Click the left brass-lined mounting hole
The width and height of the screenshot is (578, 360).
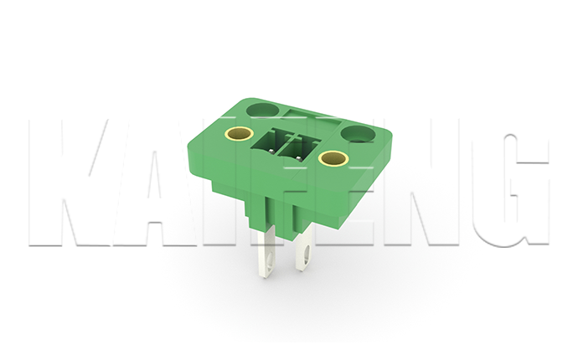point(239,133)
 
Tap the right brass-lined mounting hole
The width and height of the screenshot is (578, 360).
point(333,158)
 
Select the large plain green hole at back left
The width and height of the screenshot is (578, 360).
point(262,111)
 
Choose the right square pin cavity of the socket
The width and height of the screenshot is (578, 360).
point(299,150)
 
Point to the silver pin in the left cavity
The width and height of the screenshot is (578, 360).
point(271,151)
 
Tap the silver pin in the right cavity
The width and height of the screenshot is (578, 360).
point(298,158)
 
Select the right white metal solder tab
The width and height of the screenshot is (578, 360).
point(304,248)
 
